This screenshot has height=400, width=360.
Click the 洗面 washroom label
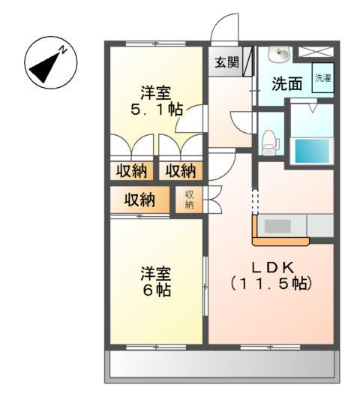pos(286,83)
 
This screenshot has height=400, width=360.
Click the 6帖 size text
pos(157,289)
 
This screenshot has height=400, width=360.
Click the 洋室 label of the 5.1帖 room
pos(157,93)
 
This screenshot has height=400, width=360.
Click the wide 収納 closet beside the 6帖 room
pos(139,200)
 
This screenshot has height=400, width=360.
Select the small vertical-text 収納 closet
pos(189,200)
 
